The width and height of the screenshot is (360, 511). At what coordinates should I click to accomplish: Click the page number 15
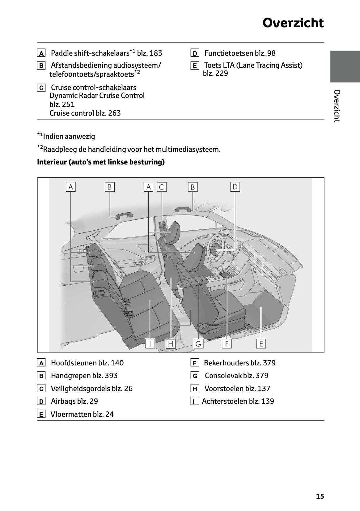click(x=320, y=496)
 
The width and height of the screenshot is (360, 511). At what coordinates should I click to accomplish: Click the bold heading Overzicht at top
click(x=293, y=23)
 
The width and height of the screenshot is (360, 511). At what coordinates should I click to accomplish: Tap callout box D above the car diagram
click(x=235, y=187)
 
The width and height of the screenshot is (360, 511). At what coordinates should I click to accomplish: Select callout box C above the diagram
click(x=162, y=187)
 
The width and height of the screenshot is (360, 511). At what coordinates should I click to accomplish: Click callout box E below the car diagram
click(x=261, y=343)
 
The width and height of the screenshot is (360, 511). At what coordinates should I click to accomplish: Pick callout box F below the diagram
click(x=227, y=343)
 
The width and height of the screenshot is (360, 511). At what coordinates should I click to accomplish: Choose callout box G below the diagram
click(x=198, y=343)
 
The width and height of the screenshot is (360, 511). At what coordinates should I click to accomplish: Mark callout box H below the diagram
click(x=171, y=343)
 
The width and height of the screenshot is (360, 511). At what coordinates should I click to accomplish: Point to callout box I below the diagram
click(x=150, y=343)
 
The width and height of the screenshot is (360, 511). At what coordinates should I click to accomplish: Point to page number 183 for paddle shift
click(x=156, y=53)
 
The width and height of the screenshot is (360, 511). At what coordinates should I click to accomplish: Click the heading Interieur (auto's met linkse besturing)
click(x=101, y=162)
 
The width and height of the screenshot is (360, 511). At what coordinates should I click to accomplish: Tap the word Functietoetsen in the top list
click(x=229, y=53)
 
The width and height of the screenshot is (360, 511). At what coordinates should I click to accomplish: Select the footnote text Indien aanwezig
click(x=69, y=136)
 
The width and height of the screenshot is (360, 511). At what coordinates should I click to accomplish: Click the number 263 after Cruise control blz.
click(x=114, y=113)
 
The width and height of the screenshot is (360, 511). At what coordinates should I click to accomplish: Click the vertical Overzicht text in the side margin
click(x=337, y=106)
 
